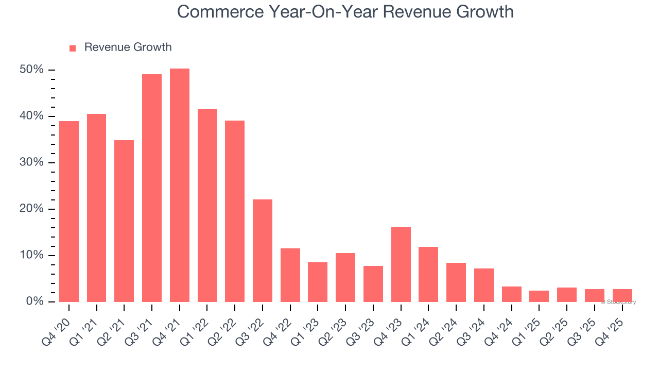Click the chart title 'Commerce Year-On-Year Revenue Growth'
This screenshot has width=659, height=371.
[345, 11]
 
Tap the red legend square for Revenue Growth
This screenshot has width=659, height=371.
[73, 48]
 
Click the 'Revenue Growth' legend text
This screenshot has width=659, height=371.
[128, 47]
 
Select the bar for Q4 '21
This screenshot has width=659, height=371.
[180, 185]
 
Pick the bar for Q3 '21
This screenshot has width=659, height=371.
[152, 188]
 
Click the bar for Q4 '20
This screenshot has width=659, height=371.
[69, 211]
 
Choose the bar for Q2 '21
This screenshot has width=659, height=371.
[124, 221]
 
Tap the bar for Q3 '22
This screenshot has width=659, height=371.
[263, 250]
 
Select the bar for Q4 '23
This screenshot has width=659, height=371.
[401, 264]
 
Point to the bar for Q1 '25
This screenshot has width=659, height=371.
[539, 296]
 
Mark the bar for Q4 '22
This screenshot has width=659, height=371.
[290, 275]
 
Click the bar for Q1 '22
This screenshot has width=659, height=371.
[207, 206]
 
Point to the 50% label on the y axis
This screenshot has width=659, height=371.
[32, 70]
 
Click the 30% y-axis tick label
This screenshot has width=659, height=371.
[32, 162]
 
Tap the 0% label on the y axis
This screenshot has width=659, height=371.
[35, 301]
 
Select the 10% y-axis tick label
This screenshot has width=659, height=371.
[32, 255]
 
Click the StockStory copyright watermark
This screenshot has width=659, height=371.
[618, 302]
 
